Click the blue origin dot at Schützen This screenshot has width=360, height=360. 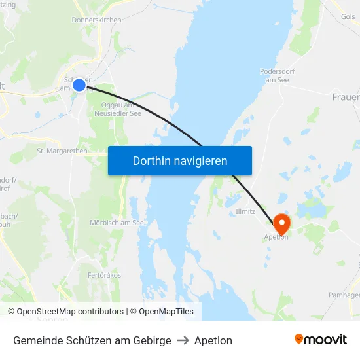pos(79,84)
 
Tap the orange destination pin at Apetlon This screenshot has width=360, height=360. pos(281,223)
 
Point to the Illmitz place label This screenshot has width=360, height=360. pos(245,212)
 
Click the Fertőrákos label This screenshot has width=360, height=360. pos(104,275)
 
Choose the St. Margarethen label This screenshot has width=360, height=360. pos(62,151)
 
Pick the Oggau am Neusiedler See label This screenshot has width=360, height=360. pos(121,109)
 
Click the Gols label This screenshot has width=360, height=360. pos(348,17)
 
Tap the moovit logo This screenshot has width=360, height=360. pos(321,340)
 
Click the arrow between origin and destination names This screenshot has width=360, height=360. pos(183,340)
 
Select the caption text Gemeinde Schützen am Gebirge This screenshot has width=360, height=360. pos(92,340)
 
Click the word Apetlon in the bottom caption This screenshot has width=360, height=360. pos(213,340)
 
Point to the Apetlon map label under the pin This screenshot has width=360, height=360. pos(276,237)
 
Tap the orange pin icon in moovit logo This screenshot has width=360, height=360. pos(299,339)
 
